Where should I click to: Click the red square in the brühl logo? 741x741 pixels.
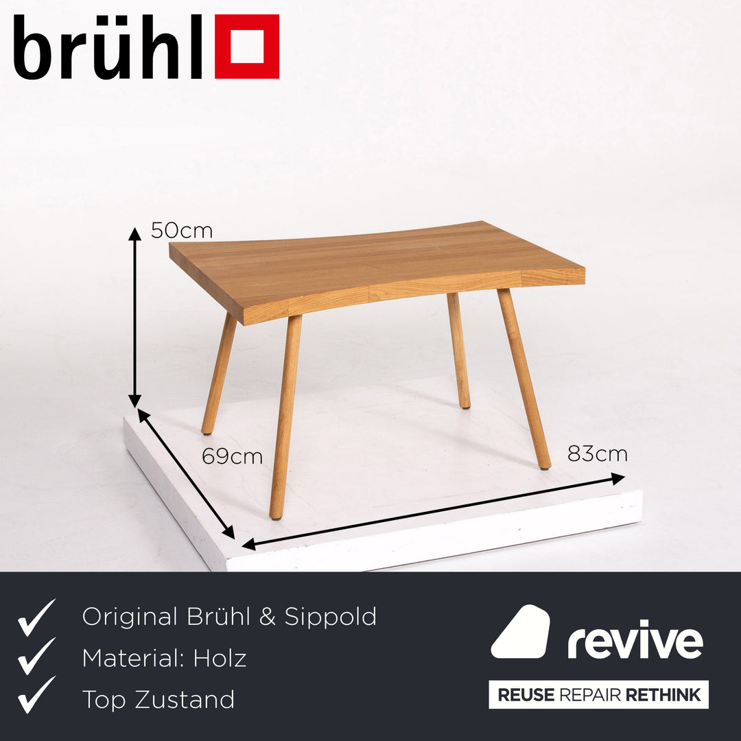click(x=247, y=47)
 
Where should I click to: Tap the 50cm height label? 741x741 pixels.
click(x=182, y=231)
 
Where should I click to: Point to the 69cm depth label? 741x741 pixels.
click(x=232, y=456)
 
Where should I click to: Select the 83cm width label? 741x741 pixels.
click(x=597, y=454)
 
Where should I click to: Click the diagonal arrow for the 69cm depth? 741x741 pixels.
click(x=186, y=473)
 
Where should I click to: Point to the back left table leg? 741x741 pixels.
click(x=219, y=374)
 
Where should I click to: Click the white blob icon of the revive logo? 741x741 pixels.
click(x=521, y=632)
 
